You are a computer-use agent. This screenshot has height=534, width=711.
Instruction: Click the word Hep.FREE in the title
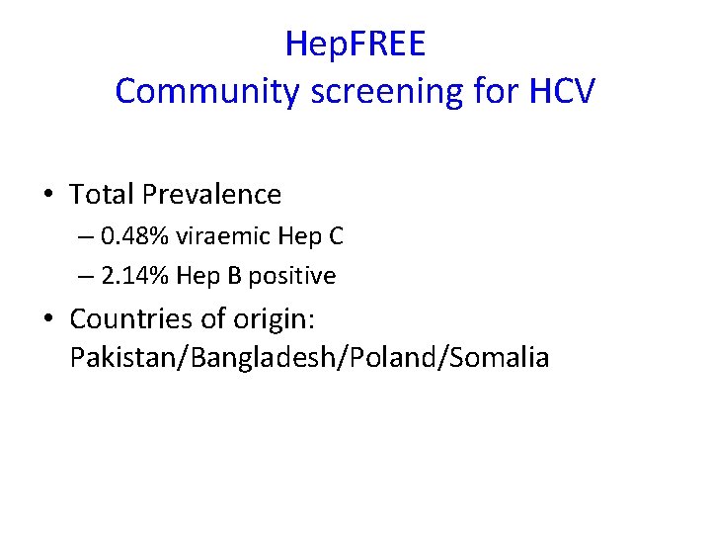click(355, 44)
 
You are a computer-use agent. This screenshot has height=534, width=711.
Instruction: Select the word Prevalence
click(211, 195)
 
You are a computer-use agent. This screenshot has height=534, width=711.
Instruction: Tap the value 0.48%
click(135, 237)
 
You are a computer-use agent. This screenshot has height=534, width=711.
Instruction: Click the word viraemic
click(224, 237)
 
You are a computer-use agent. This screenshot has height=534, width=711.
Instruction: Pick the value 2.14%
click(135, 276)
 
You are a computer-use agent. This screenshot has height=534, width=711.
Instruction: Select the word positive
click(291, 276)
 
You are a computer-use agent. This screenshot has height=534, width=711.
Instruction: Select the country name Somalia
click(499, 356)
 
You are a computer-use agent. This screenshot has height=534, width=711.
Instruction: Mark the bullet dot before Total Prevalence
click(48, 195)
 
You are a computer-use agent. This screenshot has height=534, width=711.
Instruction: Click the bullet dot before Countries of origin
click(48, 319)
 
